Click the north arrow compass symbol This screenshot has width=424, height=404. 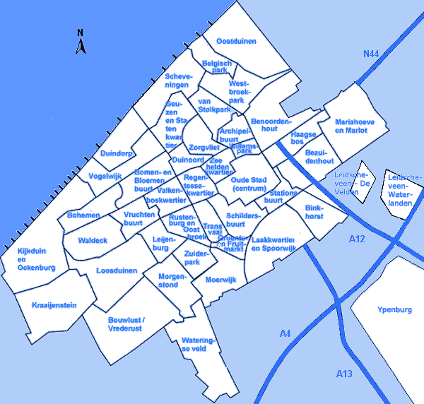click(x=81, y=42)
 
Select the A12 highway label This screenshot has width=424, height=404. click(x=358, y=240)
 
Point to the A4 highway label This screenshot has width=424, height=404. click(x=285, y=333)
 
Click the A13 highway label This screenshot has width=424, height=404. click(x=344, y=373)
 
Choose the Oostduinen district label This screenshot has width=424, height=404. click(x=236, y=42)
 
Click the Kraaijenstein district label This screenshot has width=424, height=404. click(x=54, y=305)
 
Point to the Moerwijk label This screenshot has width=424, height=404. click(x=220, y=280)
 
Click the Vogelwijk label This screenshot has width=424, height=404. click(x=105, y=177)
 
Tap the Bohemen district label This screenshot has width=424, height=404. click(x=84, y=215)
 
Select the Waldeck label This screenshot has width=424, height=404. click(x=93, y=241)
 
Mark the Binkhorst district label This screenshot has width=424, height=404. click(x=314, y=212)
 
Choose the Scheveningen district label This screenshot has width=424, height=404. click(x=177, y=81)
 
